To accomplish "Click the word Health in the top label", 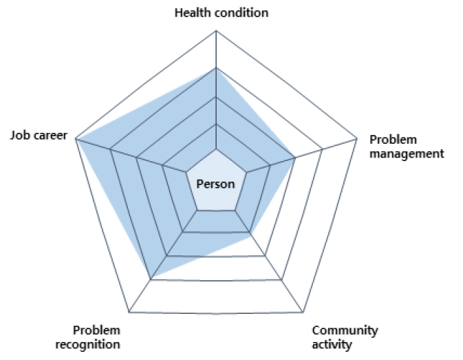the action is [x=193, y=13].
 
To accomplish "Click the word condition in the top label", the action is [x=241, y=13].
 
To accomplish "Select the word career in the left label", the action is [x=50, y=136].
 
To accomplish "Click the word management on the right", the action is [x=407, y=154].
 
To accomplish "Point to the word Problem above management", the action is [x=393, y=140].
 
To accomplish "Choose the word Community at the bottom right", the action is [x=345, y=331].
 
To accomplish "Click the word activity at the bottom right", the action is [x=332, y=345].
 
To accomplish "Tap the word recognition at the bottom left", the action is [x=87, y=345].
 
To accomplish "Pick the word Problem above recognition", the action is [x=96, y=330].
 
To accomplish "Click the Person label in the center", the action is [x=215, y=184].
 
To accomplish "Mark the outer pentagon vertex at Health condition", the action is [x=216, y=30].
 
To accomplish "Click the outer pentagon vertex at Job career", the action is [x=76, y=138].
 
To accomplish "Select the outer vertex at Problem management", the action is [x=356, y=138].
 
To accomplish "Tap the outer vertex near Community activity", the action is [x=303, y=312].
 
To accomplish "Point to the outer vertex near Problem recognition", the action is [x=129, y=312].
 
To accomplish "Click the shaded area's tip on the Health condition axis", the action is [x=216, y=68].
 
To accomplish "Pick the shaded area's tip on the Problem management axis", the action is [x=295, y=158].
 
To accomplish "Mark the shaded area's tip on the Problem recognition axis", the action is [x=151, y=279].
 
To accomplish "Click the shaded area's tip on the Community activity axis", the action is [x=250, y=233].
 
